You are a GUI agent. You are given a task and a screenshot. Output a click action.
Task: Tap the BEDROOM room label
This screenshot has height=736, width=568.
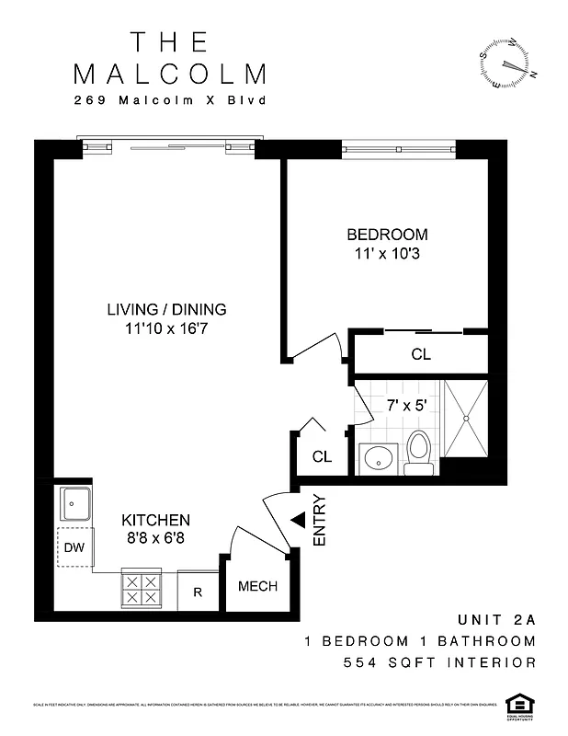click(x=387, y=235)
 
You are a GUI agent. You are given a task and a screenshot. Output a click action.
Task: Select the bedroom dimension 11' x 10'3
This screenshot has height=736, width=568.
click(x=387, y=253)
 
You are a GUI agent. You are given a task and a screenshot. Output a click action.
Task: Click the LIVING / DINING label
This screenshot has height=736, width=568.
click(x=166, y=309)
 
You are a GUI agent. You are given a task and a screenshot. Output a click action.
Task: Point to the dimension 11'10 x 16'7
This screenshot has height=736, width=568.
click(x=166, y=328)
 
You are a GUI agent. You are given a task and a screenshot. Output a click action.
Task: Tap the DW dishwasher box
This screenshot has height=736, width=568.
click(x=74, y=548)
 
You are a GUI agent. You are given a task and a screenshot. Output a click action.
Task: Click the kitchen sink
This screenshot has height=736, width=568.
click(x=74, y=503)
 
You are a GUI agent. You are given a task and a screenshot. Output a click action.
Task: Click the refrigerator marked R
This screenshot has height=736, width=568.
click(x=197, y=592)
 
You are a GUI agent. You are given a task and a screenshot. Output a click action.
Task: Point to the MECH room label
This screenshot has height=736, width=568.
click(x=257, y=587)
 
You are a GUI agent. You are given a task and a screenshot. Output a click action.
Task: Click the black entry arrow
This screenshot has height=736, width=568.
click(x=298, y=520)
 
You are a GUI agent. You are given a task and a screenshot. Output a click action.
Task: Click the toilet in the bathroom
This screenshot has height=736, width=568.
click(x=418, y=452)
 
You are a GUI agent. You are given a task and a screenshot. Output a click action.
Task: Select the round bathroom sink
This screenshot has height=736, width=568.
click(x=377, y=456)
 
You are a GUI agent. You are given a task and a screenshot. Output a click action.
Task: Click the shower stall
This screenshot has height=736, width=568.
click(x=466, y=420)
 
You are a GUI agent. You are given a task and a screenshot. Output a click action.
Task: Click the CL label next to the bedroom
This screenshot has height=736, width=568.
click(x=421, y=354)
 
